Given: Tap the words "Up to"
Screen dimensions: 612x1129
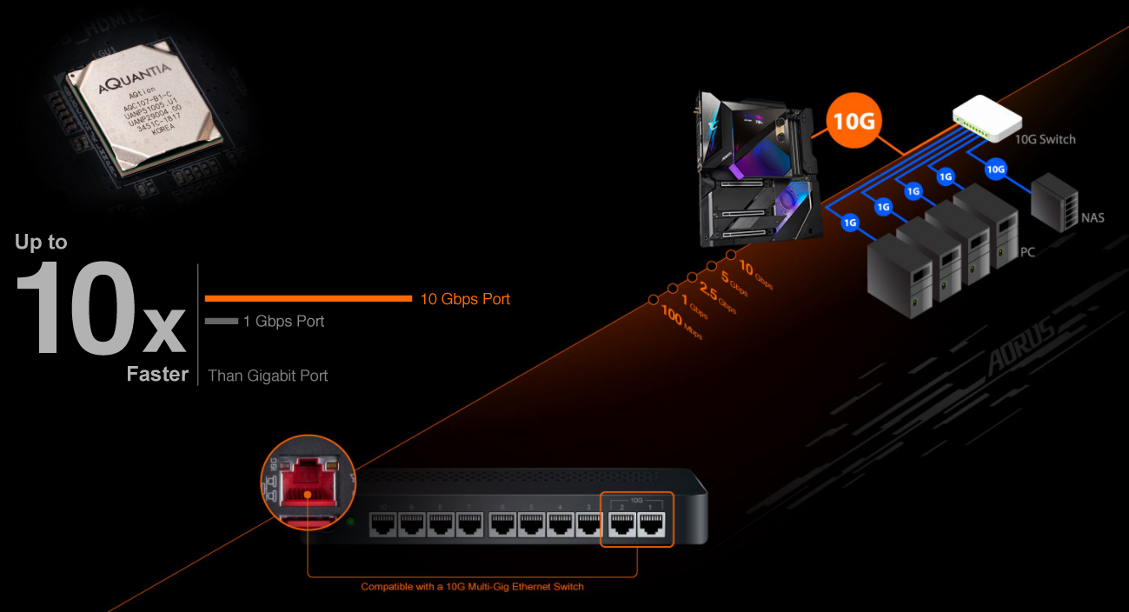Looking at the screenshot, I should point(41,243).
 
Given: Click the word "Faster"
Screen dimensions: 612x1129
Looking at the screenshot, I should point(157,375).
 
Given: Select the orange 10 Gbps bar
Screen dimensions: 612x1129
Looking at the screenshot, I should point(308,299).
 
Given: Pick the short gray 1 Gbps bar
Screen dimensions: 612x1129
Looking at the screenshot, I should point(221,322).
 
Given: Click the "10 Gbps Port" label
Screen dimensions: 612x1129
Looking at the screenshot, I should point(465,299).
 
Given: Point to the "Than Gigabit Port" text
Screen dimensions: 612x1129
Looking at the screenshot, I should point(268,376).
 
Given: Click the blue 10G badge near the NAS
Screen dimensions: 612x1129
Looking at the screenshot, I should point(995,170).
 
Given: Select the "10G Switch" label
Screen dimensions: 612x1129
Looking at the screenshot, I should point(1045,139).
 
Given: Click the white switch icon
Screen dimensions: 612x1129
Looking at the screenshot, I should point(985,117).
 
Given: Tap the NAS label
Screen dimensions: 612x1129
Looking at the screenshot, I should point(1092,217).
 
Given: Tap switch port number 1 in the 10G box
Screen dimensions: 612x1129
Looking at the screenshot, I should point(652,525).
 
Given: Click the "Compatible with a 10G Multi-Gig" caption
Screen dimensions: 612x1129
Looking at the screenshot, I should point(472,587).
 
